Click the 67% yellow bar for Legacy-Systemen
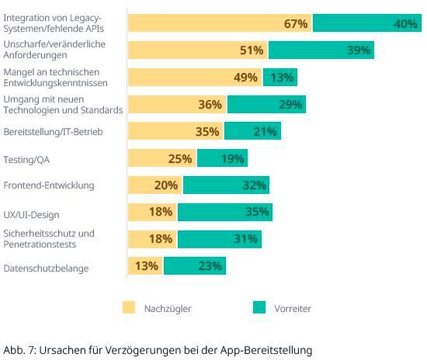[x=219, y=23]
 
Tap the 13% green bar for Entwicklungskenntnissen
[x=279, y=78]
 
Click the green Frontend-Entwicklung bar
[x=226, y=185]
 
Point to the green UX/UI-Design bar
[x=224, y=213]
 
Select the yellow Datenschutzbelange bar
[x=145, y=267]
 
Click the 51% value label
[x=252, y=51]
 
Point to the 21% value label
[x=265, y=132]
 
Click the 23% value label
[x=210, y=267]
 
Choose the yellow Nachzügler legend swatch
[x=129, y=308]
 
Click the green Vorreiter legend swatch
[x=259, y=308]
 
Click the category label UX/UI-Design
[x=31, y=214]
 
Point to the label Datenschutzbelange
[x=46, y=268]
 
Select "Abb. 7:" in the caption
[x=19, y=349]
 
